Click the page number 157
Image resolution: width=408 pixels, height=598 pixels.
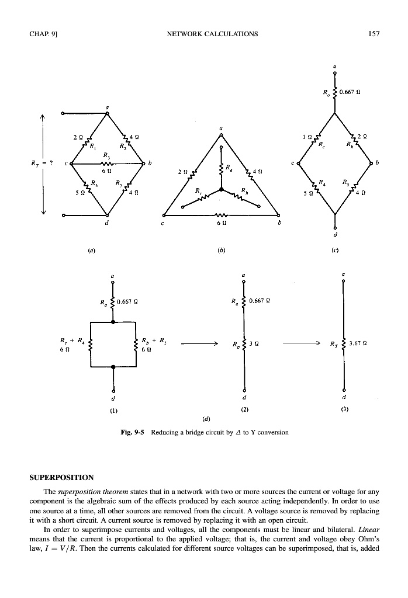[x=374, y=34]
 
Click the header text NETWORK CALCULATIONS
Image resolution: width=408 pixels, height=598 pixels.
[x=212, y=34]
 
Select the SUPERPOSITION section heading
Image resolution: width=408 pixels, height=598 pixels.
[x=61, y=478]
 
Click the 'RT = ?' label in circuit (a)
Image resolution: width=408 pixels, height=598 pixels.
[x=42, y=164]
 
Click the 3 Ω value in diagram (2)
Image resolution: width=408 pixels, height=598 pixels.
[x=254, y=343]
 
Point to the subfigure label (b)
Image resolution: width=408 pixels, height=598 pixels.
[x=221, y=251]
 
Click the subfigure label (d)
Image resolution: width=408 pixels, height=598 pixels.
[x=206, y=419]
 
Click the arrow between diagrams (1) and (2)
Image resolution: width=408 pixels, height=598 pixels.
[x=199, y=344]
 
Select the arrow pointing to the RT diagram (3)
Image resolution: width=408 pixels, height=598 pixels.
[x=301, y=344]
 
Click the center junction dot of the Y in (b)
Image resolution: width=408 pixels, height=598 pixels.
[x=220, y=189]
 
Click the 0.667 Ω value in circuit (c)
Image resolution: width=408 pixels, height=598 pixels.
[x=350, y=92]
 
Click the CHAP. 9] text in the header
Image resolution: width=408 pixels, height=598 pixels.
[x=43, y=34]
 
